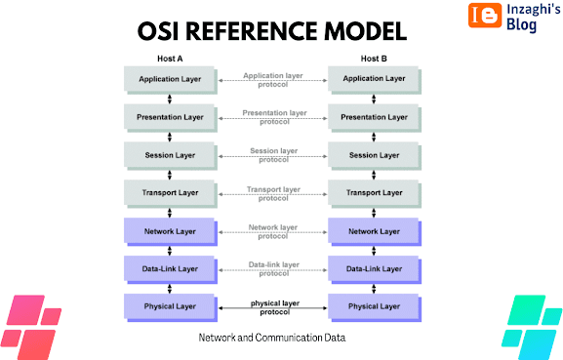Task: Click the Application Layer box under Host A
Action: (171, 80)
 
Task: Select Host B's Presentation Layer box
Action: (375, 118)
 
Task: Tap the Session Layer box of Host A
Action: (171, 156)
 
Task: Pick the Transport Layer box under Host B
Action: (375, 194)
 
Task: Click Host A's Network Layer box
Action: (171, 232)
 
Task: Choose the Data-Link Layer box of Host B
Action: (375, 270)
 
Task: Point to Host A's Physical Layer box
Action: (171, 308)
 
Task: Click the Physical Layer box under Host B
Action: (375, 308)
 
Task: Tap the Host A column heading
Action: (170, 59)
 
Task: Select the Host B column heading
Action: (374, 59)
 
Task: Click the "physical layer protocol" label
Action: (275, 307)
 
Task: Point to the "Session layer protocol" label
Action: (273, 155)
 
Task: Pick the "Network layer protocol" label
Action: (273, 231)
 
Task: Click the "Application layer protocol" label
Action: (273, 80)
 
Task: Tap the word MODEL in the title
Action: (366, 31)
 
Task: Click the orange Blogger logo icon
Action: (485, 15)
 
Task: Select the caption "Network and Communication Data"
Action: (272, 338)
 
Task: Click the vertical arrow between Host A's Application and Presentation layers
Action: (170, 100)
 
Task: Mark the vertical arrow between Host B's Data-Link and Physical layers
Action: (374, 289)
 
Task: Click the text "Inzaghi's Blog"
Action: (533, 18)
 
